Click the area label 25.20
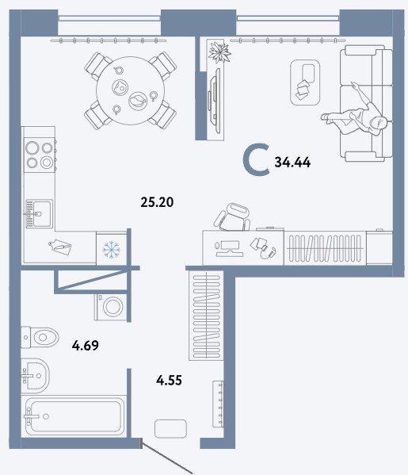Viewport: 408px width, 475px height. (x=157, y=202)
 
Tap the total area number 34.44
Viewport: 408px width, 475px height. (x=292, y=163)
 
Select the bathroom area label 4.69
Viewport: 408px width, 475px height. (x=86, y=345)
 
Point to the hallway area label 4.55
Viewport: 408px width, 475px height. (x=170, y=380)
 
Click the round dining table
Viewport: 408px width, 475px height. (x=131, y=90)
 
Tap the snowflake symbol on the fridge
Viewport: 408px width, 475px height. (x=112, y=249)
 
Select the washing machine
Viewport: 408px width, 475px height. (x=112, y=307)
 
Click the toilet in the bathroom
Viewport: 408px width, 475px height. (x=40, y=337)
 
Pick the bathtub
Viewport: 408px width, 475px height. (x=74, y=416)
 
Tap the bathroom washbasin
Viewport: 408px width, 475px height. (x=36, y=376)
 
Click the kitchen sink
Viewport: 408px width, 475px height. (x=39, y=214)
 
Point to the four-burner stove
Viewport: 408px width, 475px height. (x=40, y=155)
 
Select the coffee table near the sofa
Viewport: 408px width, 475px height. (x=305, y=82)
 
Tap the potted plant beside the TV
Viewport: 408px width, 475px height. (x=219, y=52)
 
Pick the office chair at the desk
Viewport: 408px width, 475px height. (x=232, y=217)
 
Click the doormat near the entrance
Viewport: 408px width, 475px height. (x=170, y=429)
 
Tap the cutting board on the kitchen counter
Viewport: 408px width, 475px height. (x=60, y=247)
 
